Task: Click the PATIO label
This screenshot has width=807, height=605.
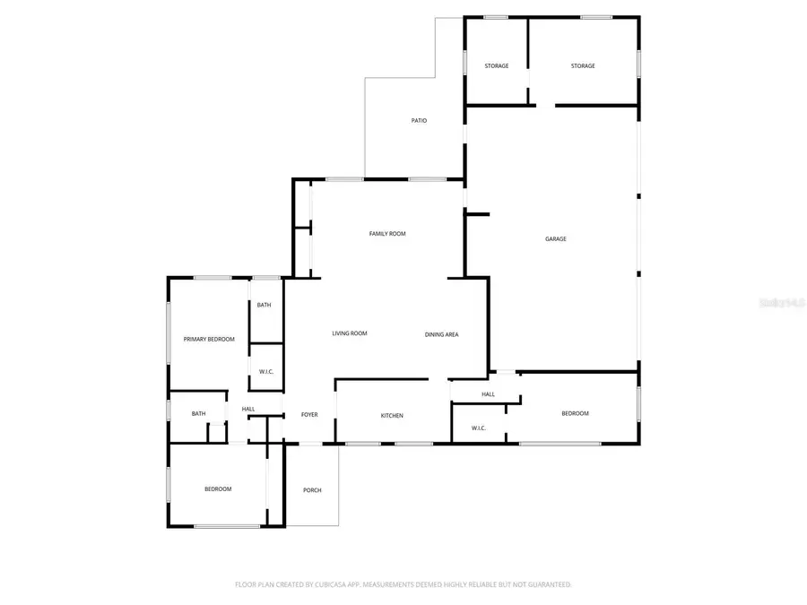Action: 419,120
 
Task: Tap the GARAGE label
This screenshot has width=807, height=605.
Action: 556,238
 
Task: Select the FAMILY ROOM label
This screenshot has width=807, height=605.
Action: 387,234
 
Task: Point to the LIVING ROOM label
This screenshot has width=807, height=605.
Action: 350,333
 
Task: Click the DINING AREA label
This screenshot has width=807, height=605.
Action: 442,334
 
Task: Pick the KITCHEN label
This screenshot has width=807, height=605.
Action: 392,416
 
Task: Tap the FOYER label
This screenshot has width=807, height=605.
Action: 309,415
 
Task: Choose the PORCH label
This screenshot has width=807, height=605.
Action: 312,490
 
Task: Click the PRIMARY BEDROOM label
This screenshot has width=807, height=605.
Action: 209,339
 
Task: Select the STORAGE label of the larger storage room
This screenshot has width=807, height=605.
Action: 583,66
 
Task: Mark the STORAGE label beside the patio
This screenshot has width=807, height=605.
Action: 497,66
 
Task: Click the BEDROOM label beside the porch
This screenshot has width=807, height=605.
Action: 218,488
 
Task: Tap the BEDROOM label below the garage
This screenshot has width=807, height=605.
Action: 575,413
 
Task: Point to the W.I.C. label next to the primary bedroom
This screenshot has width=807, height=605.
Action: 265,372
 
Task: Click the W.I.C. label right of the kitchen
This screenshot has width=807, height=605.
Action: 478,428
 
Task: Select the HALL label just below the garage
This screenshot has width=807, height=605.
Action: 488,394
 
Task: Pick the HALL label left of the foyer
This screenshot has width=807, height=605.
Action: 248,410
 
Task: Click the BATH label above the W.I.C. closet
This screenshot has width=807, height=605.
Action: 264,305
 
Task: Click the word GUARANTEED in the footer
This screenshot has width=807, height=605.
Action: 547,584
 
